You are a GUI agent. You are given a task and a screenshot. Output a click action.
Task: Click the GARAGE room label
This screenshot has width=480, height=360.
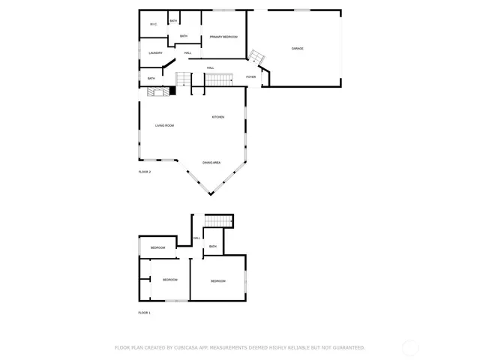click(x=298, y=49)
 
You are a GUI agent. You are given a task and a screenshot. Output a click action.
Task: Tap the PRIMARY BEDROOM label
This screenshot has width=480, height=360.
click(x=223, y=37)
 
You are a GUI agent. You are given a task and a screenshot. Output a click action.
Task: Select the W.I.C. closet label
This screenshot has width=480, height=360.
click(x=153, y=25)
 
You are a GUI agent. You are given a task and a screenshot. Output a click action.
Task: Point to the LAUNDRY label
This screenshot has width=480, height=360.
click(x=155, y=52)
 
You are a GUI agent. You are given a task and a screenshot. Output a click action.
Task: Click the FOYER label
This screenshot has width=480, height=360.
click(x=251, y=76)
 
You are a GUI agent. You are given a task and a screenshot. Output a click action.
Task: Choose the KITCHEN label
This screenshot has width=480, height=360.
click(x=217, y=117)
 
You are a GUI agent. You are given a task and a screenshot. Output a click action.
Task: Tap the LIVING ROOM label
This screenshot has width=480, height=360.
click(x=164, y=125)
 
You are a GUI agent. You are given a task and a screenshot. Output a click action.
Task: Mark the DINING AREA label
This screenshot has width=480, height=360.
click(x=211, y=163)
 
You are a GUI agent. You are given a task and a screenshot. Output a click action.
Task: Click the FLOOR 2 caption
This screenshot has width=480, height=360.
click(x=145, y=172)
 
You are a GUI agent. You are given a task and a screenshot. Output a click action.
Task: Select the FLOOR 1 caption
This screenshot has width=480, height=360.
click(x=145, y=313)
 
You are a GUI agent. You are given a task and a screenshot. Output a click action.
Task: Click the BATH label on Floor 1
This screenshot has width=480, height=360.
click(x=213, y=247)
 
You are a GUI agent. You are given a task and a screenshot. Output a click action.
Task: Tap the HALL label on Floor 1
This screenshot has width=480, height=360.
click(x=196, y=238)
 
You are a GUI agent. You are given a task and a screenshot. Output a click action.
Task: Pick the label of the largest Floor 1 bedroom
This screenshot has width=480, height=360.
click(x=217, y=281)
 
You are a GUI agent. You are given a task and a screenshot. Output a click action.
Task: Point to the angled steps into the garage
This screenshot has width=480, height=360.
click(x=256, y=57)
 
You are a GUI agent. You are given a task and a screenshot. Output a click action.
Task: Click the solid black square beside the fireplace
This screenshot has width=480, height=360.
click(x=172, y=91)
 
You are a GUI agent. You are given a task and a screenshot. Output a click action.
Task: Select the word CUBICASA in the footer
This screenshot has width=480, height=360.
click(x=184, y=348)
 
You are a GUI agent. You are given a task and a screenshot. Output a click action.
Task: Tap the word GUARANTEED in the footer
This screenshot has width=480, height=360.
click(x=349, y=348)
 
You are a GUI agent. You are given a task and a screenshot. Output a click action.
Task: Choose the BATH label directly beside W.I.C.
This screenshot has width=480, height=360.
click(x=173, y=21)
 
